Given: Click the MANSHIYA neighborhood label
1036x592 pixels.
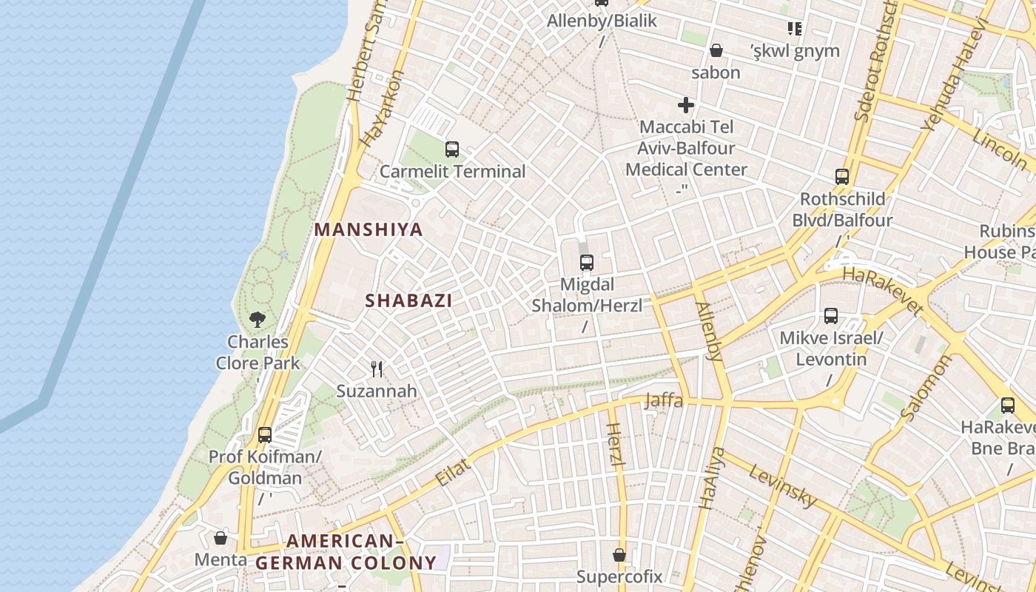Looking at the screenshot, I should point(369,229).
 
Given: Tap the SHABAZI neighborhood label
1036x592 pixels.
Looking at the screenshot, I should point(408,300).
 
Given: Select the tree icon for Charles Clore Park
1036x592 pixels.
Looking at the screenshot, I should point(258,319).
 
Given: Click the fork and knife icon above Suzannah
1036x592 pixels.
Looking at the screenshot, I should point(377,368).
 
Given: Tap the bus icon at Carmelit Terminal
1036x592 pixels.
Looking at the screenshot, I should point(452,149).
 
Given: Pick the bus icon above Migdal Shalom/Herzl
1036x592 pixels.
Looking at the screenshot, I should point(587,262).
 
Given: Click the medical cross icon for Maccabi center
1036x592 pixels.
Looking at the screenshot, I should point(686,105).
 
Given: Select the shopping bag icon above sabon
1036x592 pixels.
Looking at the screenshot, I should point(716,50).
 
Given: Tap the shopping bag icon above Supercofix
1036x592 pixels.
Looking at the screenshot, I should point(619,554).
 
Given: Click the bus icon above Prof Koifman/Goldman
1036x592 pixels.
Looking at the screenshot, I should point(265,434).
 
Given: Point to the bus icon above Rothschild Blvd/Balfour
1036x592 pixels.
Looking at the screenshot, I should point(842,177).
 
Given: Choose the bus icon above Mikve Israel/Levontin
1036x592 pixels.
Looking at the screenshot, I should point(831,316).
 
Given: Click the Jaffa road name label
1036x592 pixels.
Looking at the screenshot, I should point(664,401).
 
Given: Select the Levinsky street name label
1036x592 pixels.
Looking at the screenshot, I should point(782,485).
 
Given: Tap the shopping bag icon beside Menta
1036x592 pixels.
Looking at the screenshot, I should point(220,538).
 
